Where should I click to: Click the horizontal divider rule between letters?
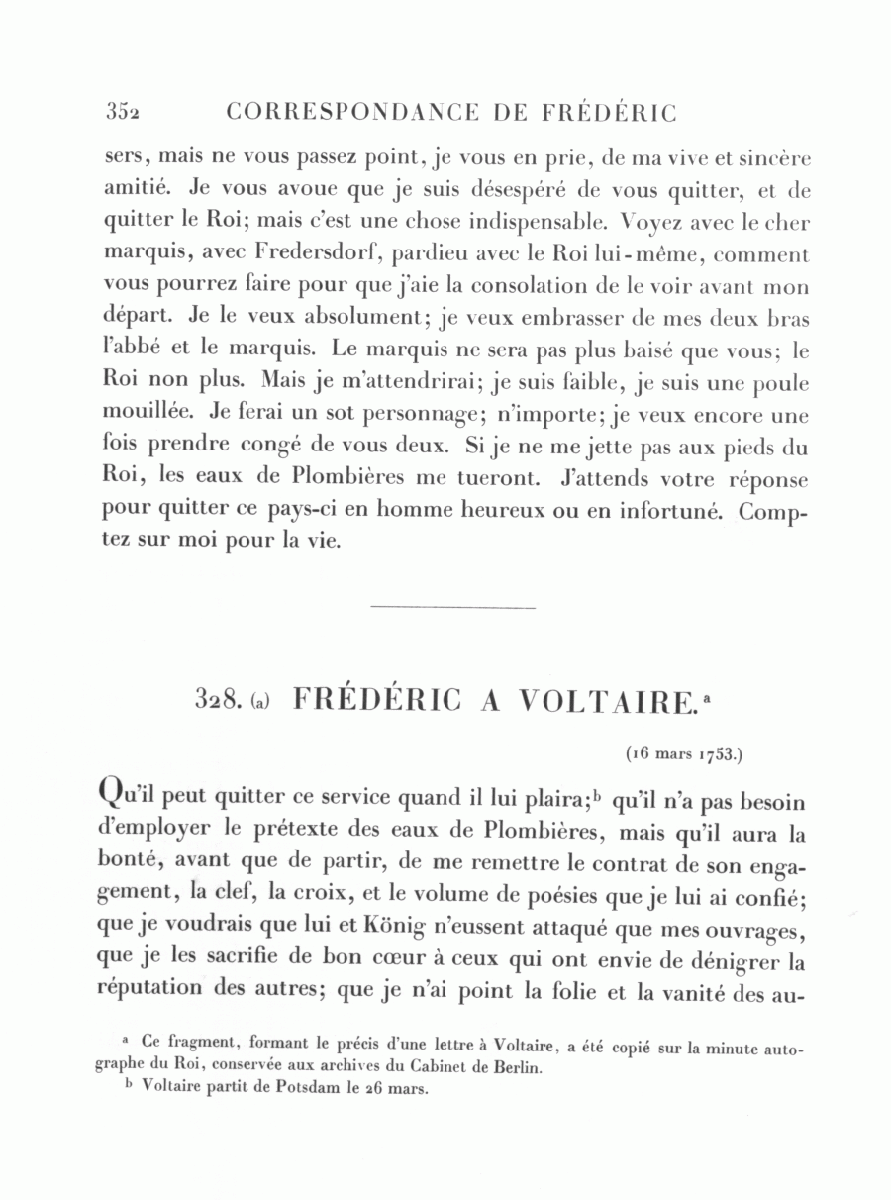(x=451, y=607)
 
